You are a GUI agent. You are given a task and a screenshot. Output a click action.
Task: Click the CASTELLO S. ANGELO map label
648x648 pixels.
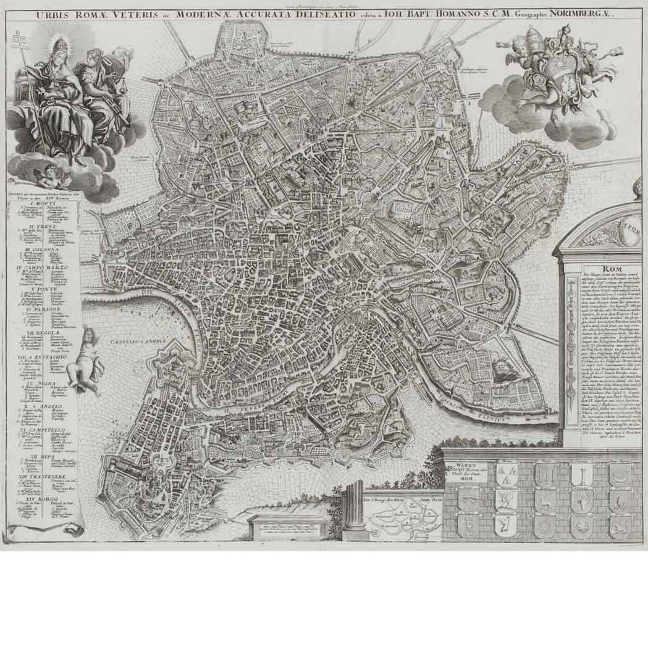pos(136,340)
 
